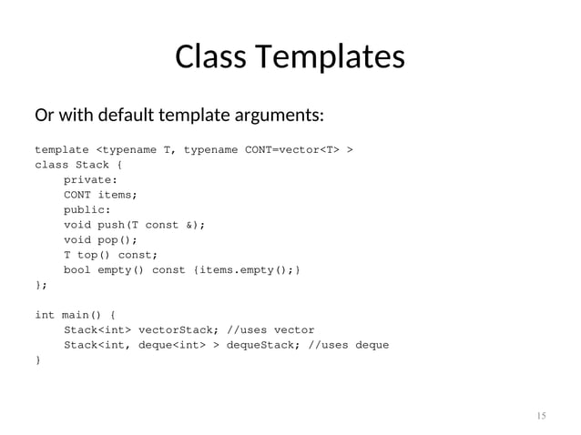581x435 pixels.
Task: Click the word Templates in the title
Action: pos(331,57)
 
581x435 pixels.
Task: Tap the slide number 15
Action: pos(541,416)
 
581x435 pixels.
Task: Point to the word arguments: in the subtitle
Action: pos(280,116)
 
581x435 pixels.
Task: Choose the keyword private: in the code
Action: pos(90,179)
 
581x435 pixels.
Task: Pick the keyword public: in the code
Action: pos(87,209)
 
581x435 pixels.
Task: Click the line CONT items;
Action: pos(100,195)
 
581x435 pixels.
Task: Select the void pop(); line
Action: pos(100,239)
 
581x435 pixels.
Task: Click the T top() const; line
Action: pos(110,255)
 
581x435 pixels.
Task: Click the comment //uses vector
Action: pos(273,329)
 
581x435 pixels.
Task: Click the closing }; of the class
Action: pos(40,285)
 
